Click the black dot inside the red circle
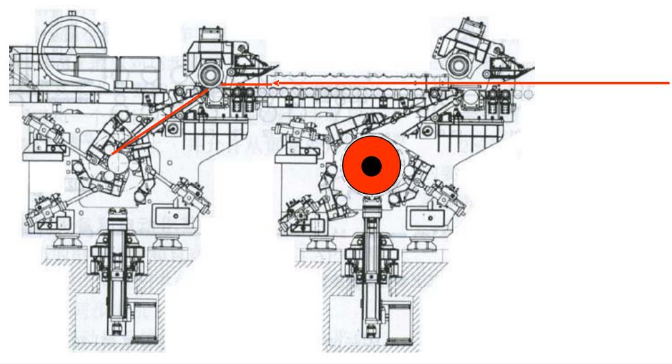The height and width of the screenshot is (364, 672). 371,167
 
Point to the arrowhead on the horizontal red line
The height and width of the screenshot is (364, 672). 276,83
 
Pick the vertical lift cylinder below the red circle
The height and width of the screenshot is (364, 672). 371,250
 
